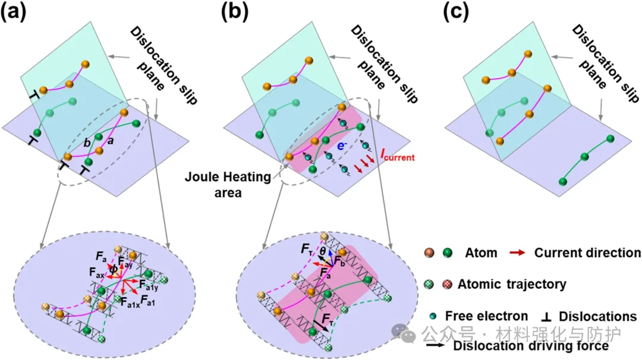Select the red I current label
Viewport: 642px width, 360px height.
click(387, 157)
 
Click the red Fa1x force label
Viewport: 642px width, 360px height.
click(131, 302)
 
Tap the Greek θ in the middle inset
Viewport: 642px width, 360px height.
click(323, 251)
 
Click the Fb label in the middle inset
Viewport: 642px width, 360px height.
click(341, 262)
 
